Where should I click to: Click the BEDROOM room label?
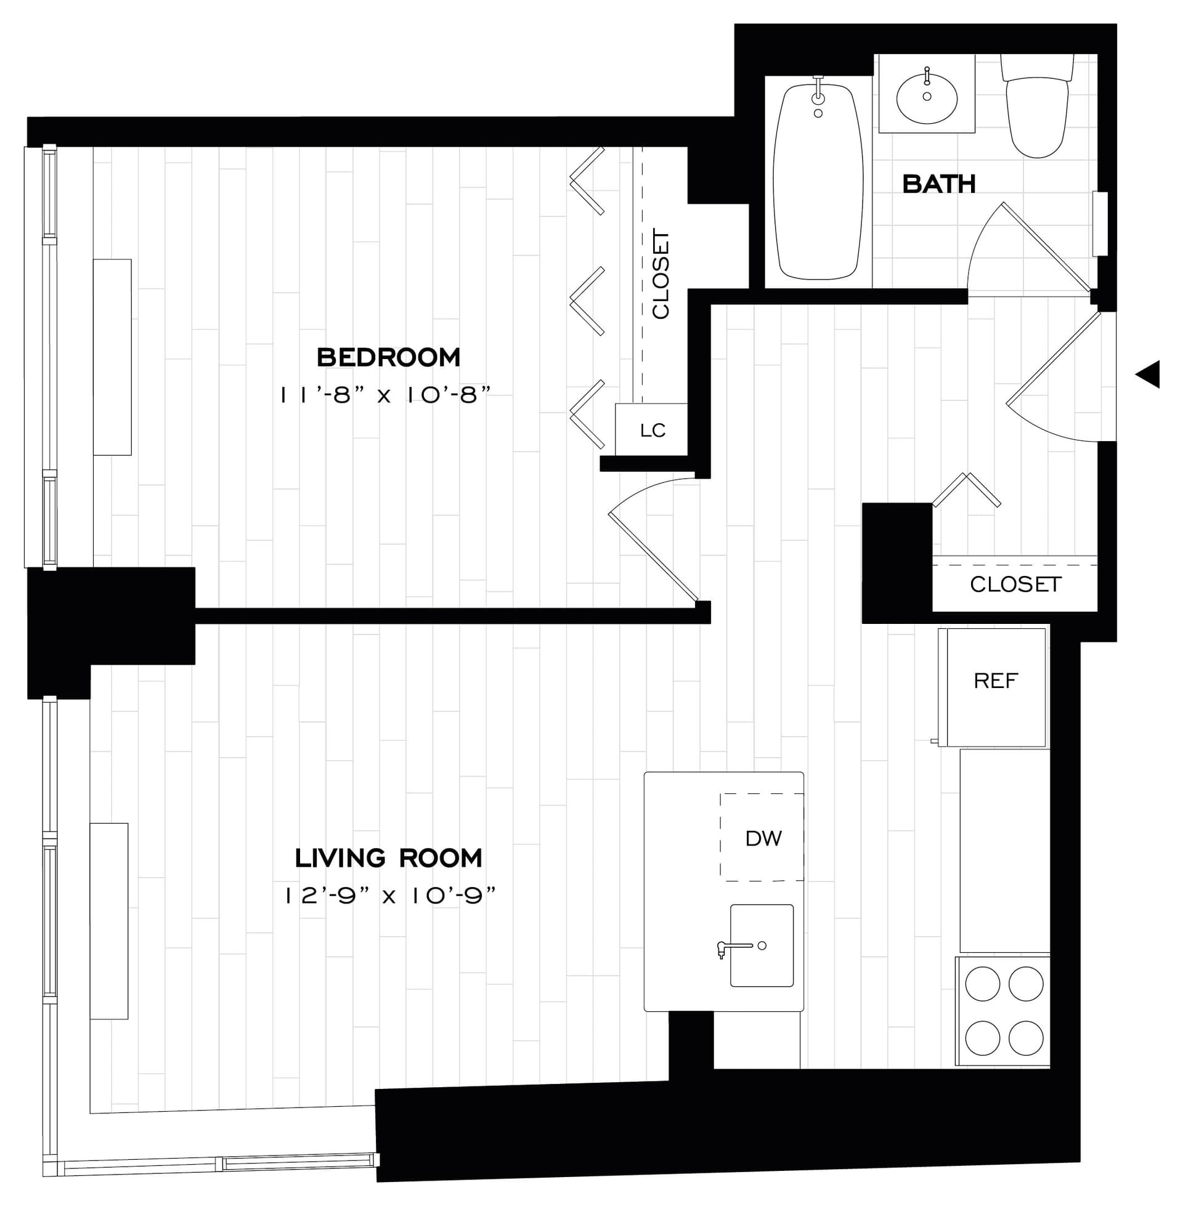(x=388, y=358)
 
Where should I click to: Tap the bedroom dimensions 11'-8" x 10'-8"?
(x=385, y=395)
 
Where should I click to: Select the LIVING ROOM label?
(x=388, y=858)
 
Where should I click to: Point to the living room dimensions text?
(x=390, y=896)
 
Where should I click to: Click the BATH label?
(x=938, y=184)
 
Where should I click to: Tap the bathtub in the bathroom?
(x=818, y=186)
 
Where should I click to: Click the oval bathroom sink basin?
(x=927, y=99)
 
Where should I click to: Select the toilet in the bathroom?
(x=1036, y=111)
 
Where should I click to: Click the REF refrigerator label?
(x=995, y=681)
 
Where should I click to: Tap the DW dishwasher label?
(x=763, y=838)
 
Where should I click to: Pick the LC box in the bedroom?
(x=652, y=430)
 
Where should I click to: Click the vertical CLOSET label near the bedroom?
(x=661, y=274)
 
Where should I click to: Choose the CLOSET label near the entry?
(x=1015, y=584)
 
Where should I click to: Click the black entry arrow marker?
(x=1148, y=374)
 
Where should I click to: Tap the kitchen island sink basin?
(x=762, y=945)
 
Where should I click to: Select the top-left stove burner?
(x=982, y=984)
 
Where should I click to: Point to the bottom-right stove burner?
(x=1025, y=1038)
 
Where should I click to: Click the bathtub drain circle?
(x=818, y=114)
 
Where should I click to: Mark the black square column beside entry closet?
(x=896, y=562)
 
